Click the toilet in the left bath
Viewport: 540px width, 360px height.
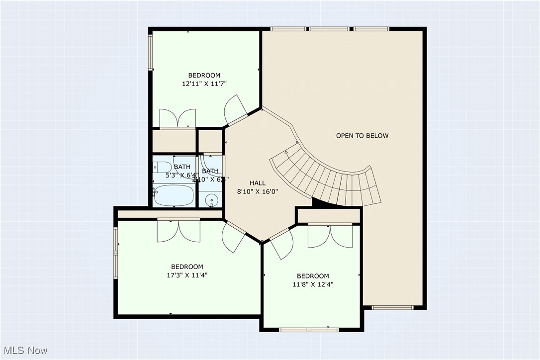tap(163, 167)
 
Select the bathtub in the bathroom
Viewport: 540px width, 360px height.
tap(173, 195)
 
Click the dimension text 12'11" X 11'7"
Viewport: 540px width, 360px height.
tap(204, 84)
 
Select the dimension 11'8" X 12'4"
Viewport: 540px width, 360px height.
tap(313, 284)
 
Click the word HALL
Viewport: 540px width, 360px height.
tap(258, 182)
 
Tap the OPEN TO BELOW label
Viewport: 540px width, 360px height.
tap(362, 136)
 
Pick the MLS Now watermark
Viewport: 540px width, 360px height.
tap(24, 351)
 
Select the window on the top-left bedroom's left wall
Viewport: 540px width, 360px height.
tap(151, 52)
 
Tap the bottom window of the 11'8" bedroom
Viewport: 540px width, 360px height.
tap(309, 329)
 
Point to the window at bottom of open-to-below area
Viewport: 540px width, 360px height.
tap(392, 307)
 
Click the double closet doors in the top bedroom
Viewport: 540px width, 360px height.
tap(178, 119)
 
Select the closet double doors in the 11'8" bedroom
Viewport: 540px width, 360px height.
tap(330, 236)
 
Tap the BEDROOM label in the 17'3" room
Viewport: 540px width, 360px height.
tap(187, 267)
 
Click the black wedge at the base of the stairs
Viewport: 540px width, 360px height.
tap(318, 202)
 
